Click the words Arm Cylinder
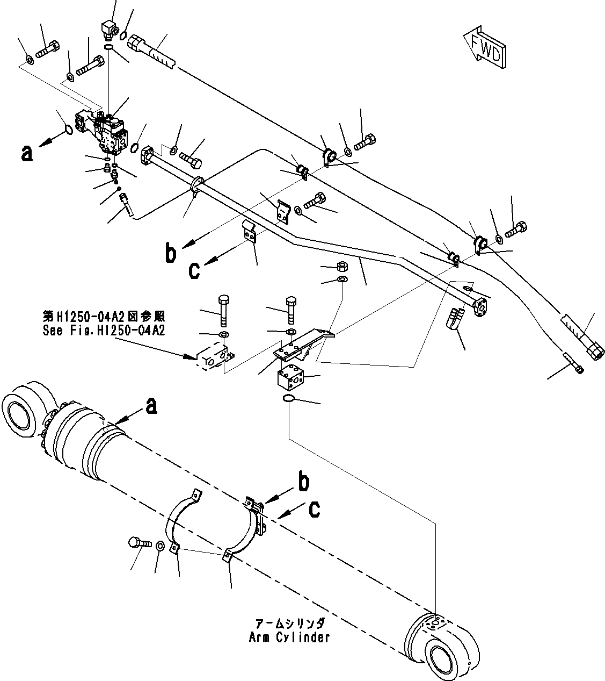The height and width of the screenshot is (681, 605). coord(289,637)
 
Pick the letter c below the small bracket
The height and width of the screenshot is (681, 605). coord(194,270)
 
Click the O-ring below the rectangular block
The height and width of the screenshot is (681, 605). coord(288,398)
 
